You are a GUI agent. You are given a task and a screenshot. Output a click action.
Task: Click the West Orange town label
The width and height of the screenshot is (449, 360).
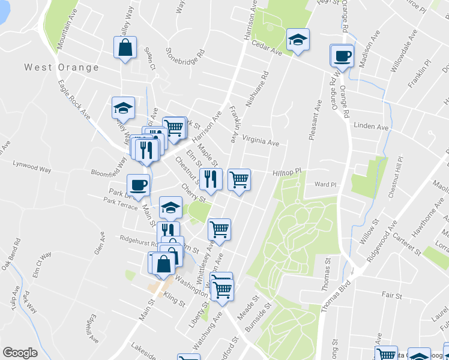62,67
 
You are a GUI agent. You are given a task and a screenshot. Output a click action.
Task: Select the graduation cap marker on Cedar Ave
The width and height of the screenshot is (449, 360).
297,40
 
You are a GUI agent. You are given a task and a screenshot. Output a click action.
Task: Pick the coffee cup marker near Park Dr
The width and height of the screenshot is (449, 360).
138,185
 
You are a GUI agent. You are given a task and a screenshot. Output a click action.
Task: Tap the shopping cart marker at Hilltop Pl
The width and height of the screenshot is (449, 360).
239,179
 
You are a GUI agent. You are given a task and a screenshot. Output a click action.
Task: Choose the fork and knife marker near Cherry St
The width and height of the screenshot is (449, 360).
211,179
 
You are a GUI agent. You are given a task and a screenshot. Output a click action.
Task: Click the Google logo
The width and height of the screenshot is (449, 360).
20,353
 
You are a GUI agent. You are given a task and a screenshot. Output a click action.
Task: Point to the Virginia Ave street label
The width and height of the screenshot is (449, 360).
261,142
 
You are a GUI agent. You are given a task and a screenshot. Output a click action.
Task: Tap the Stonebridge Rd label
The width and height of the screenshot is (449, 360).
185,59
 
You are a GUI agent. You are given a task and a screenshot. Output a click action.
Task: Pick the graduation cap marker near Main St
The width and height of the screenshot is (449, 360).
170,208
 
